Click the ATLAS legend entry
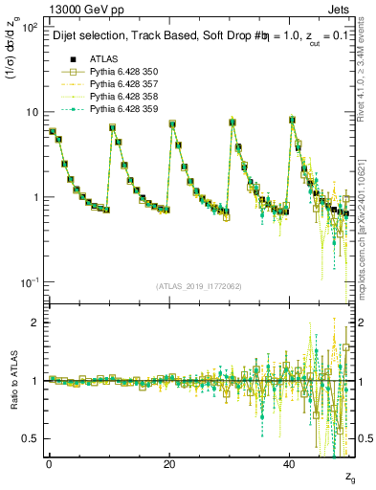(102, 59)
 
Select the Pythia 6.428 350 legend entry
(118, 72)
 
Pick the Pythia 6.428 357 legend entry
(118, 84)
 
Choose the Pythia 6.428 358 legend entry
(118, 97)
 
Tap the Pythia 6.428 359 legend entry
(118, 109)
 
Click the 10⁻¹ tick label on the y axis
(31, 282)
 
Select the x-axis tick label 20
(169, 462)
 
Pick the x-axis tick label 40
(289, 462)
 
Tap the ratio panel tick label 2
(38, 323)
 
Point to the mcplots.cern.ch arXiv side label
(368, 229)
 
